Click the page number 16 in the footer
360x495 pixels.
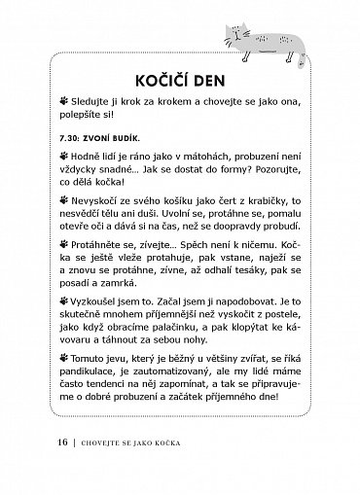click(x=35, y=472)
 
